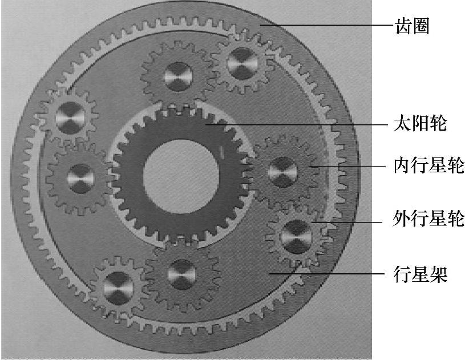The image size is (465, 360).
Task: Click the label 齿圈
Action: coord(411,26)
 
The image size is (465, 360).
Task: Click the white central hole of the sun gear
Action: coord(181,173)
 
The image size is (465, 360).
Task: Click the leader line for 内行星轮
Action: coord(348,166)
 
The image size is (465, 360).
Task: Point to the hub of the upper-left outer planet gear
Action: coord(70,116)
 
